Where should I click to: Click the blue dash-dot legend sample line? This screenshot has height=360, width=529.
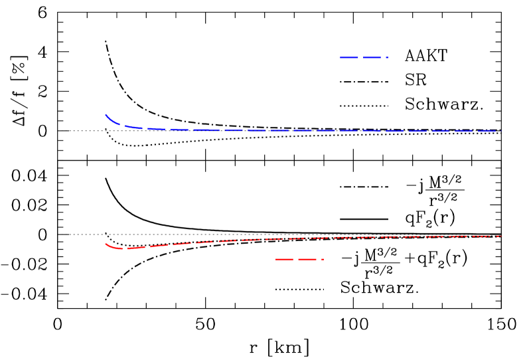pos(364,57)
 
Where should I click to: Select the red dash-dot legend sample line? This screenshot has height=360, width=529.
pos(299,259)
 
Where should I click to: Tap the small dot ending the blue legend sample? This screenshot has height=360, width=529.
pos(387,57)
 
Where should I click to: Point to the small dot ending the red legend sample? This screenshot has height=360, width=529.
pos(323,259)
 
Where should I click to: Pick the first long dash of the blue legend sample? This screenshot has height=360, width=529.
pos(349,57)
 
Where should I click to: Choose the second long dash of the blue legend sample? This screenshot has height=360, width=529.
pos(372,57)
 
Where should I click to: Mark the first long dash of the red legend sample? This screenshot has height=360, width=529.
pos(285,259)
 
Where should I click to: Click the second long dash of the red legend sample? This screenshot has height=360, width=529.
pos(307,259)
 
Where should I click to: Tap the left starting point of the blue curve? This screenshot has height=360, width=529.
pos(106,115)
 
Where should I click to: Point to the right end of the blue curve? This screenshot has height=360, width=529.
pos(495,131)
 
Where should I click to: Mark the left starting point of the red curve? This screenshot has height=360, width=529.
pos(106,243)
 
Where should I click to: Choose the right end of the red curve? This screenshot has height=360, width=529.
pos(500,236)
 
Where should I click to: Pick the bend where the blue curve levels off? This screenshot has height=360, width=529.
pos(129,126)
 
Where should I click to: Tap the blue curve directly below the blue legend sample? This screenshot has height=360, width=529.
pos(364,130)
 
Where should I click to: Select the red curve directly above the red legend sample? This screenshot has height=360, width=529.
pos(299,238)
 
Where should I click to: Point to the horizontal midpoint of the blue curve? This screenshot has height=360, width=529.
pos(301,130)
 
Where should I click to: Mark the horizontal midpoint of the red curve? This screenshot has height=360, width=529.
pos(303,238)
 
